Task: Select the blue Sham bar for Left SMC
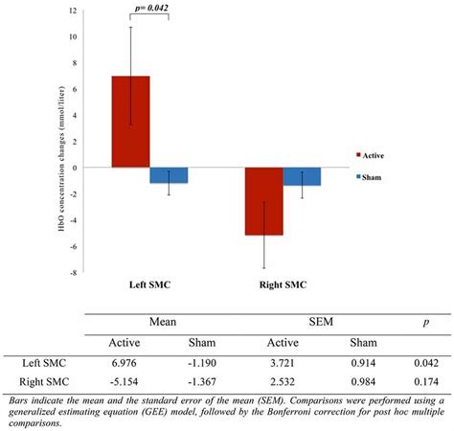[x=169, y=175]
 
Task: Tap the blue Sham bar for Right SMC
[x=301, y=176]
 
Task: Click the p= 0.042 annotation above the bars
[x=149, y=7]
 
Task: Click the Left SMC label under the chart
[x=150, y=285]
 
